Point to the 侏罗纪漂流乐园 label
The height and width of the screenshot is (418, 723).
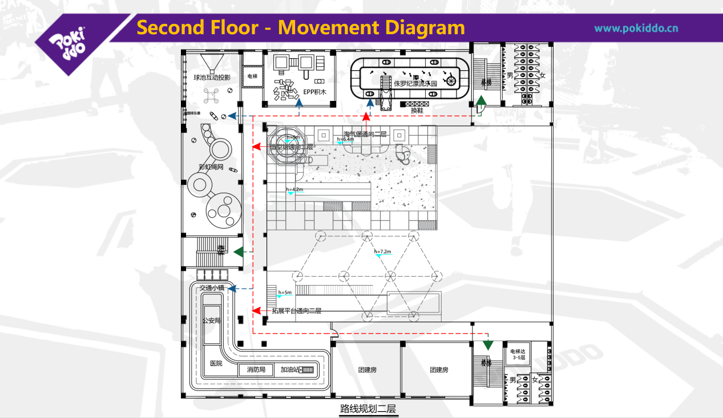coord(415,83)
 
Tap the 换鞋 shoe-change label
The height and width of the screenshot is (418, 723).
coord(417,111)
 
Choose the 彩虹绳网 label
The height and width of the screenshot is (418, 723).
coord(211,167)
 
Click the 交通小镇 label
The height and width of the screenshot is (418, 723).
coord(212,289)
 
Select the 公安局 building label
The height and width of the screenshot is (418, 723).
coord(211,320)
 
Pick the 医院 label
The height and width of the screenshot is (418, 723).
coord(216,363)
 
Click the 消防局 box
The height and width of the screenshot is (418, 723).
coord(256,370)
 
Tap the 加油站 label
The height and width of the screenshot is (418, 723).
coord(289,370)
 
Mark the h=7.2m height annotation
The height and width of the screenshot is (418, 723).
coord(382,251)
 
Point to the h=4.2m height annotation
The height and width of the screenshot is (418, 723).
coord(294,189)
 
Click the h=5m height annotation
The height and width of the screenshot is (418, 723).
coord(285,293)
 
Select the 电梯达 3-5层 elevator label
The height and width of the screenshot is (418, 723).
coord(518,355)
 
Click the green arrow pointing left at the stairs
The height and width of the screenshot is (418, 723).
coord(239,251)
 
